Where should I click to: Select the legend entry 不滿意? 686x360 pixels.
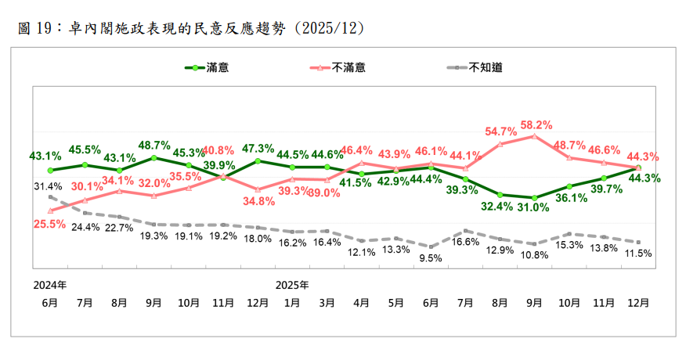(x=348, y=67)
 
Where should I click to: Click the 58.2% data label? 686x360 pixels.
(x=536, y=124)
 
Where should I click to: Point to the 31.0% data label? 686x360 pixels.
(x=535, y=208)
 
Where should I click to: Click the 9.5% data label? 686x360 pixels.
(x=431, y=257)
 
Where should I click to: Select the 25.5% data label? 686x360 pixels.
(x=49, y=224)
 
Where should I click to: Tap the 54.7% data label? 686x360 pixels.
(x=500, y=131)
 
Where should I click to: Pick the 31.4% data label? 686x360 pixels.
(x=49, y=186)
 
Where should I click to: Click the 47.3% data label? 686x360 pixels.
(x=258, y=148)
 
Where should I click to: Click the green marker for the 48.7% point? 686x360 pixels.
(x=154, y=158)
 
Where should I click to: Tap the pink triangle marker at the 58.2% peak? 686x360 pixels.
(x=534, y=135)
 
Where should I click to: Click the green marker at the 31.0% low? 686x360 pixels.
(x=534, y=197)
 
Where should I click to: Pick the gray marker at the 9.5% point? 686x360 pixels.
(x=430, y=246)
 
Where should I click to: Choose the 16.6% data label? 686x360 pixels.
(x=465, y=243)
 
